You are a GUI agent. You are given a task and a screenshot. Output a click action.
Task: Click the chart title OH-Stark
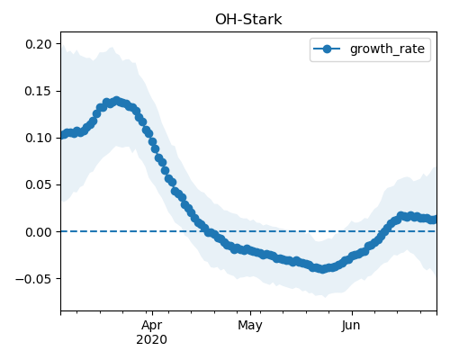pyautogui.click(x=248, y=20)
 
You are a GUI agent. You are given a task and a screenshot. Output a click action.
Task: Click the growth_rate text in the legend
pyautogui.click(x=387, y=49)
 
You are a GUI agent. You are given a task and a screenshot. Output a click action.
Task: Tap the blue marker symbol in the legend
pyautogui.click(x=327, y=49)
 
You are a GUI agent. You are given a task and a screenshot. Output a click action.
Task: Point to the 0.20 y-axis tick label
pyautogui.click(x=39, y=44)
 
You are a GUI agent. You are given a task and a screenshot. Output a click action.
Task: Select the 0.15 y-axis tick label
pyautogui.click(x=39, y=91)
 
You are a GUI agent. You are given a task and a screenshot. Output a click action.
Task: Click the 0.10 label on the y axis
pyautogui.click(x=39, y=138)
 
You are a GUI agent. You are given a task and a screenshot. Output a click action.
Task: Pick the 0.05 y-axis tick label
pyautogui.click(x=39, y=184)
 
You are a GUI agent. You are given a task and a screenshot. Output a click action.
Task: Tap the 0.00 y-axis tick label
pyautogui.click(x=39, y=232)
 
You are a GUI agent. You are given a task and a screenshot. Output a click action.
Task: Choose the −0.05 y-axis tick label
pyautogui.click(x=34, y=279)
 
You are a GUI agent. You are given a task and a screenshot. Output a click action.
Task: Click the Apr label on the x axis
pyautogui.click(x=152, y=325)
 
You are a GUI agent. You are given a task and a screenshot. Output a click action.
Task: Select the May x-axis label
pyautogui.click(x=250, y=325)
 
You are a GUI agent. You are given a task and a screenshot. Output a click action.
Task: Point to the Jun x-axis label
pyautogui.click(x=351, y=325)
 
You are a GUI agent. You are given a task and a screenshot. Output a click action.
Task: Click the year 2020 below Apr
pyautogui.click(x=152, y=339)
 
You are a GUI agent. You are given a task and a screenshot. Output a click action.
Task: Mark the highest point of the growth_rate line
pyautogui.click(x=117, y=101)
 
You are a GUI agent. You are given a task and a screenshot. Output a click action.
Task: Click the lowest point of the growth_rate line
pyautogui.click(x=322, y=269)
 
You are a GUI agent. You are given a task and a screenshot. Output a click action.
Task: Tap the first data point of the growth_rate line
pyautogui.click(x=63, y=135)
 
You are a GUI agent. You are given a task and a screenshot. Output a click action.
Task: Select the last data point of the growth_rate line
pyautogui.click(x=433, y=220)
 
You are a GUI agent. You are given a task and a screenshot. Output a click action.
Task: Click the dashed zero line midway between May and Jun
pyautogui.click(x=301, y=231)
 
